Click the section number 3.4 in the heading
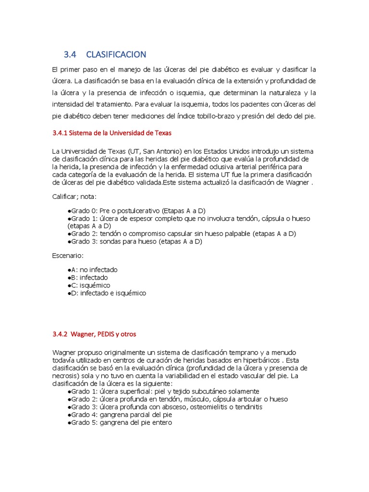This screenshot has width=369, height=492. pos(70,54)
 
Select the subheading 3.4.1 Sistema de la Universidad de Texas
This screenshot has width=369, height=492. pos(111,133)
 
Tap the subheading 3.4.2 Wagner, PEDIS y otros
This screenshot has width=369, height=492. pos(97,334)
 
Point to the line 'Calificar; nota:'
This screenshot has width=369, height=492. pos(74,197)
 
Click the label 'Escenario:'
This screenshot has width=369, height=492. pos(67,256)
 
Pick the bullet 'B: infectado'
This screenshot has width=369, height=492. pos(88,277)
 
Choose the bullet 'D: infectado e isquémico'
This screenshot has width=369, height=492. pos(107,293)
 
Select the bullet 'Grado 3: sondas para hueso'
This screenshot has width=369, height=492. pos(135,241)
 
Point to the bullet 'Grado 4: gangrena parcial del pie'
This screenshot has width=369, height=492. pos(120,415)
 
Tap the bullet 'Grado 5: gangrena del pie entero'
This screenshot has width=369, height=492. pos(120,422)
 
